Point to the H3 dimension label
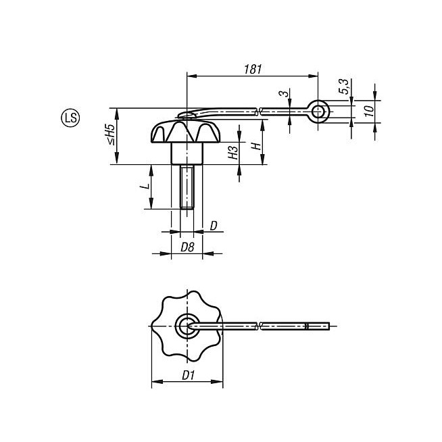[232, 152]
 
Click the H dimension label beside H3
[255, 146]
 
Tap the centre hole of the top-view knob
[186, 326]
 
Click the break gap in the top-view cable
[260, 326]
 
